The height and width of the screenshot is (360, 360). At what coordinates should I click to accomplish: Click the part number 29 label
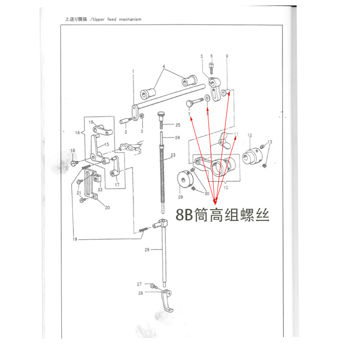click(180, 197)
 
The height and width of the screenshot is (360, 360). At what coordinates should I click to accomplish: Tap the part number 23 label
click(172, 155)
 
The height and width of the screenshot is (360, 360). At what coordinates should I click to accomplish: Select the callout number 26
click(147, 250)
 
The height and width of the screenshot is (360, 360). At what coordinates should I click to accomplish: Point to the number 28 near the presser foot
click(140, 293)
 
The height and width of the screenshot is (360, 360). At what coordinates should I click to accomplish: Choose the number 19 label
click(75, 240)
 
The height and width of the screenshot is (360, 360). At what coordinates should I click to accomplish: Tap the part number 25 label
click(178, 125)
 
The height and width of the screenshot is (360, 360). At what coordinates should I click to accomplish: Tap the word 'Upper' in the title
click(99, 19)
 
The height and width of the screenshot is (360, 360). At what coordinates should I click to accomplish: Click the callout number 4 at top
click(164, 67)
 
